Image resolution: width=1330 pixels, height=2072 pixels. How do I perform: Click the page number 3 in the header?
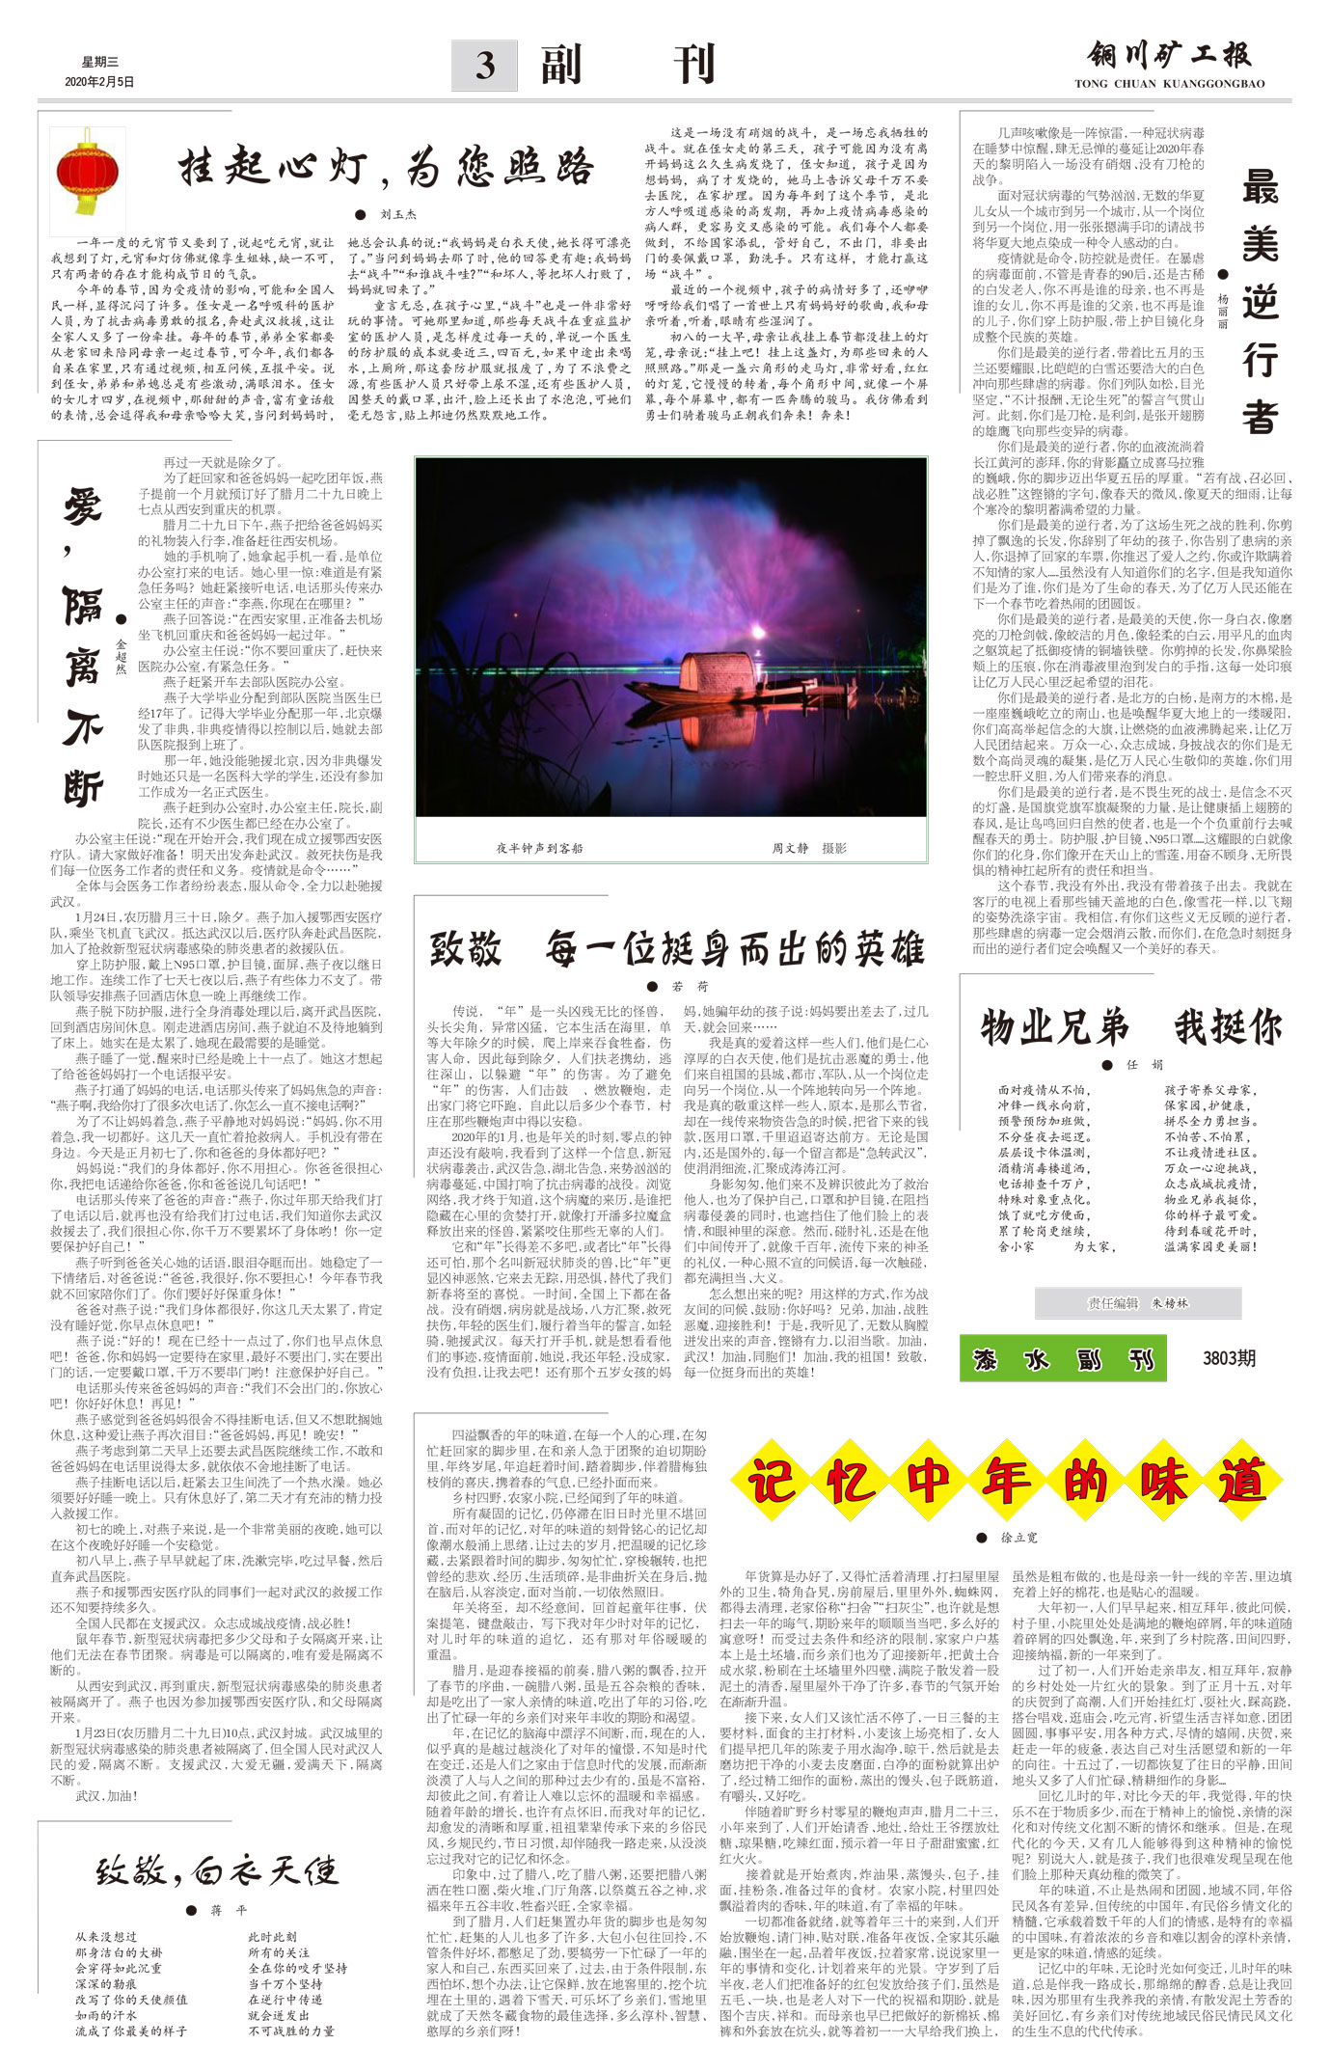[x=485, y=66]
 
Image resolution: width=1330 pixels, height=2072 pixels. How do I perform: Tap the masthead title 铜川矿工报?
[x=1169, y=56]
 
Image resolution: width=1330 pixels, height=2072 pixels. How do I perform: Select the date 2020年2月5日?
[x=100, y=82]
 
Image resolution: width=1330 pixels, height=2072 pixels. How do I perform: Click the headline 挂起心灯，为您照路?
[x=386, y=170]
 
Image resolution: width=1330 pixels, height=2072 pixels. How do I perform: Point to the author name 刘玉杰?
[x=397, y=214]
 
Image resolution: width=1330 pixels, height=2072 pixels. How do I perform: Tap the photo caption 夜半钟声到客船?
[x=539, y=848]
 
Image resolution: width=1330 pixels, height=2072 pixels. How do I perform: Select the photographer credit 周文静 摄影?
[x=808, y=848]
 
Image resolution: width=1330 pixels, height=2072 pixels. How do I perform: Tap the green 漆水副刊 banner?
[x=1062, y=1360]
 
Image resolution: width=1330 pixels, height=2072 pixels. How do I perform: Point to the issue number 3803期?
[x=1229, y=1359]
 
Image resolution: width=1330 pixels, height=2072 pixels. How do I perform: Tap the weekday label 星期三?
[x=100, y=62]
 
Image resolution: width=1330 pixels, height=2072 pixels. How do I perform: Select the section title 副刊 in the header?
[x=627, y=66]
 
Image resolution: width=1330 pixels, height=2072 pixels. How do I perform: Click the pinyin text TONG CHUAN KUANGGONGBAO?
[x=1169, y=84]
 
